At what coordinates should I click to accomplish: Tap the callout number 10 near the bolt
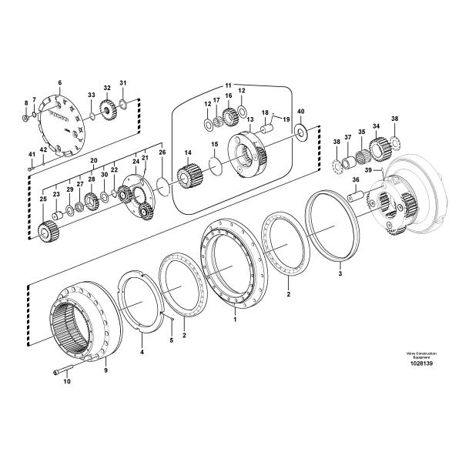pyautogui.click(x=66, y=381)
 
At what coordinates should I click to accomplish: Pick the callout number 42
pyautogui.click(x=44, y=149)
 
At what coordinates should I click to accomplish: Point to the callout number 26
pyautogui.click(x=162, y=153)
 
